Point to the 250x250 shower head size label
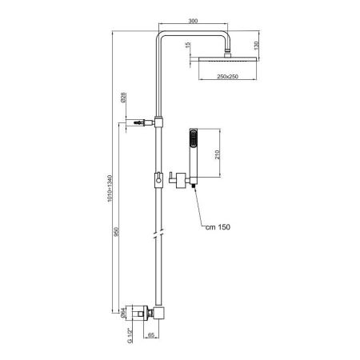point(226,77)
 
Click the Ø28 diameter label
point(123,98)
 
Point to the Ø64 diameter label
point(123,314)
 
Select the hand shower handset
point(194,148)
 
